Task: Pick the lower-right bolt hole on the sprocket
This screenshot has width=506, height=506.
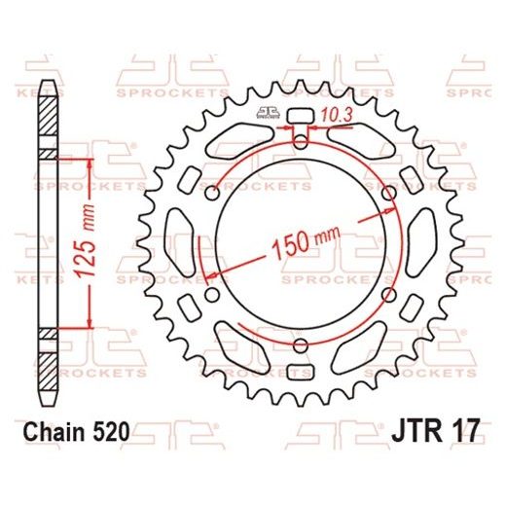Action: pyautogui.click(x=389, y=293)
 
